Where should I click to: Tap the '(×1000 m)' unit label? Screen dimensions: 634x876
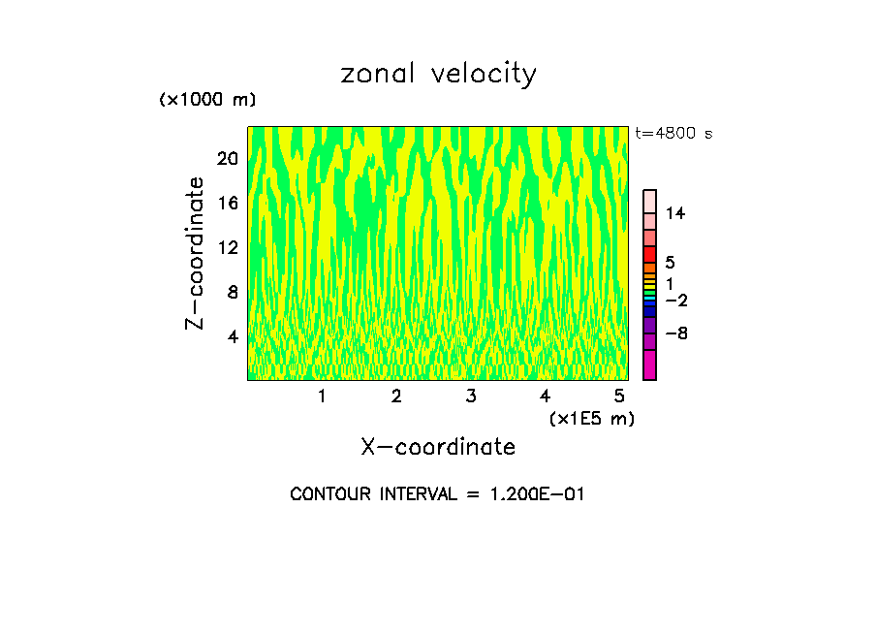point(206,100)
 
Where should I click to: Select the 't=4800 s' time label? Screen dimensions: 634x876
point(673,134)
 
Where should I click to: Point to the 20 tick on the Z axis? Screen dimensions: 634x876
point(227,159)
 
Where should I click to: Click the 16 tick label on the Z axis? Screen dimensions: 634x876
point(227,204)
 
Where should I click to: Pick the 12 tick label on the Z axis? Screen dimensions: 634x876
point(227,248)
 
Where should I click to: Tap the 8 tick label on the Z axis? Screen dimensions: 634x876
point(232,293)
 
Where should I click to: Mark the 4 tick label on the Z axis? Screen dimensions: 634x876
point(232,337)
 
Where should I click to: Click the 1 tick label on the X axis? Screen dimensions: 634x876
point(322,396)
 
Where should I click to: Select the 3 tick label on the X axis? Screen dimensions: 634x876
point(470,396)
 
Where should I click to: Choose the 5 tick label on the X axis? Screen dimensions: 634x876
point(618,396)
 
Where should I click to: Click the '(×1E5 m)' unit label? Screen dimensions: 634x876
point(591,418)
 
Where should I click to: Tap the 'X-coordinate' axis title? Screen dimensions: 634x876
point(438,447)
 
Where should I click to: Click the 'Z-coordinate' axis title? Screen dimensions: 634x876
point(197,253)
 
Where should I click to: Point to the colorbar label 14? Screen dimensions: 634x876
point(675,213)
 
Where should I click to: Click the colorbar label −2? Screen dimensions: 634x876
point(675,301)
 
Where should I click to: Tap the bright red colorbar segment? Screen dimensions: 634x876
point(649,254)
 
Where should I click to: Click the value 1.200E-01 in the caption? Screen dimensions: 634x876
point(533,494)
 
